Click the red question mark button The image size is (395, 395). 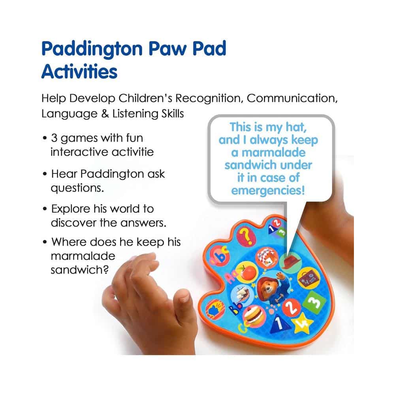[x=246, y=236]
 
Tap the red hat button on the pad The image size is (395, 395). [x=290, y=261]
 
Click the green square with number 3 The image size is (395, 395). [x=314, y=302]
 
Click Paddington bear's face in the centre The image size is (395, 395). [x=266, y=287]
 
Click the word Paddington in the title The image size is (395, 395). [x=92, y=49]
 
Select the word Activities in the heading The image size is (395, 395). [x=79, y=71]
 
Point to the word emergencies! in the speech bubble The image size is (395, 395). [x=268, y=190]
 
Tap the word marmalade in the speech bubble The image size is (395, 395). [x=273, y=152]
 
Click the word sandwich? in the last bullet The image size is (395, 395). [x=80, y=270]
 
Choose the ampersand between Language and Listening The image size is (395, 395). [x=105, y=114]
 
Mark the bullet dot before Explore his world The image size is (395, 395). [x=45, y=209]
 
